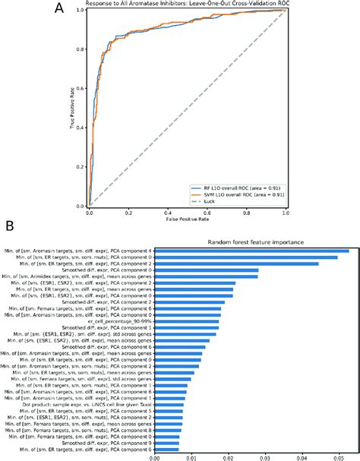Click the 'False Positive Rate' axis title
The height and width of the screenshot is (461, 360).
click(188, 221)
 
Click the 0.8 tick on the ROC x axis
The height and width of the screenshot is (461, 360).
click(247, 212)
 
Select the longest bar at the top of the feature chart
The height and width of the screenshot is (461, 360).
click(251, 250)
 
